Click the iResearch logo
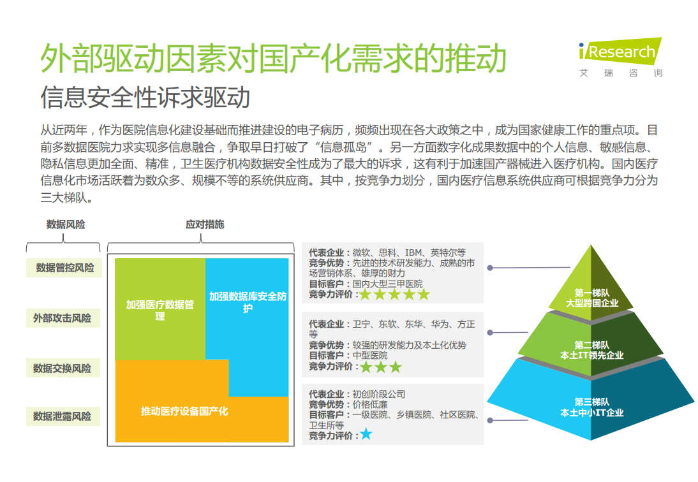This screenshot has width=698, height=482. pos(620,57)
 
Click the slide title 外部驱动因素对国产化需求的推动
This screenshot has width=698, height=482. pos(273,58)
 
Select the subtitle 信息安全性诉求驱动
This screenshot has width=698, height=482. pos(145,97)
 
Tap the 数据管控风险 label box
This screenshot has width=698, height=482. pos(64,268)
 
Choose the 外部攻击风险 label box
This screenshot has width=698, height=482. pos(63,318)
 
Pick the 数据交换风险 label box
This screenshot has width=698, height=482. pos(63,368)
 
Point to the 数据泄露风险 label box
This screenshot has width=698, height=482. pos(63,416)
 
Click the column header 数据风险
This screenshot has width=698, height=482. pos(66,224)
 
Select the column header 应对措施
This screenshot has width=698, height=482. pos(205,224)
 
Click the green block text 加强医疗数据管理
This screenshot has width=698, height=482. pos(160,310)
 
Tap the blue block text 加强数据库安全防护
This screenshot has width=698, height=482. pos(248,302)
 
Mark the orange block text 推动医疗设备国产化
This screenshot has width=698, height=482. pos(184,411)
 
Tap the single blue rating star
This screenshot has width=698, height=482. pos(366,434)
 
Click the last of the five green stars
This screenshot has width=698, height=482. pos(424,294)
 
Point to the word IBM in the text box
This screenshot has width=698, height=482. pos(413,252)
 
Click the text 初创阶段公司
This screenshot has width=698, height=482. pos(379,394)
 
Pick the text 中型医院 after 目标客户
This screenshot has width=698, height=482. pos(370,356)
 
